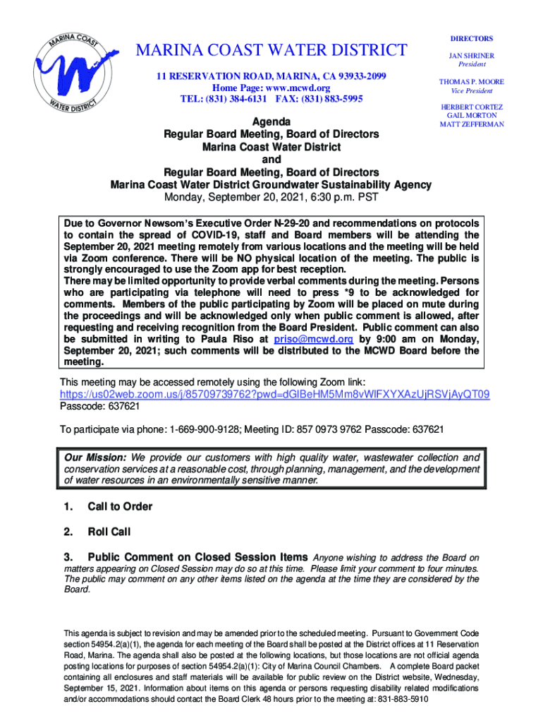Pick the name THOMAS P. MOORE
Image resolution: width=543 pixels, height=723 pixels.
click(x=472, y=82)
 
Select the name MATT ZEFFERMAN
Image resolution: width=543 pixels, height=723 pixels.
click(x=472, y=124)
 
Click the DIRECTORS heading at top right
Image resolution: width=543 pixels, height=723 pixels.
click(x=472, y=38)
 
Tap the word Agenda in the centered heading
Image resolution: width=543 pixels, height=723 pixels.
click(x=271, y=122)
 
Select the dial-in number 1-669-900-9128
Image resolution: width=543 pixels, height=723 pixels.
click(x=204, y=430)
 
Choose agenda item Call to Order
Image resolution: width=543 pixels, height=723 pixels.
click(x=120, y=506)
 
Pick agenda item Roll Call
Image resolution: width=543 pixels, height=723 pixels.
click(x=109, y=532)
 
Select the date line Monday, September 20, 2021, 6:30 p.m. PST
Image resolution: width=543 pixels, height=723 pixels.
click(x=271, y=196)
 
